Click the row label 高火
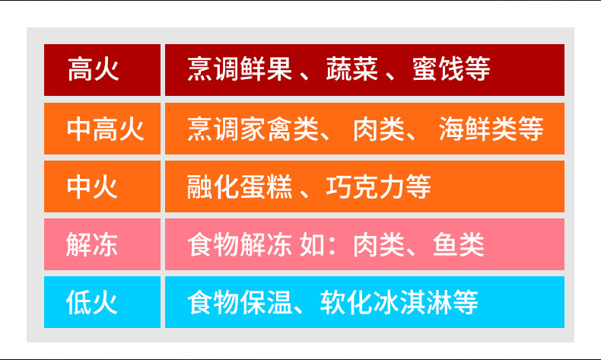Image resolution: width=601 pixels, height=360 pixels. point(93,69)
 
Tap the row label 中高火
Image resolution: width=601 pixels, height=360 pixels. point(106,129)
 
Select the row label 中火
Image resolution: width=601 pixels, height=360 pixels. point(92,186)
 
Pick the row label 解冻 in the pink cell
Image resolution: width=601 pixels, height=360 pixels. point(92,244)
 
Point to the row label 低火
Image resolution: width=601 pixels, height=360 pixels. point(92,302)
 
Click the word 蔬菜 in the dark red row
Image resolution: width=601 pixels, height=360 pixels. point(352,69)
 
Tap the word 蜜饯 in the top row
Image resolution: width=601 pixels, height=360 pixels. point(438,69)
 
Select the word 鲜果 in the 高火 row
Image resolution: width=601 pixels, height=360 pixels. point(266,69)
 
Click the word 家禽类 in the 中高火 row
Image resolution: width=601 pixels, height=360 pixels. point(279,129)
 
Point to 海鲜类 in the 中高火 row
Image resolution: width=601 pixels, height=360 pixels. point(478,129)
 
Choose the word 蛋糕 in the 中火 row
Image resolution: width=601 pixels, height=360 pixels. point(266,186)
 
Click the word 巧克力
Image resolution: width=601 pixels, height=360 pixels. point(365,186)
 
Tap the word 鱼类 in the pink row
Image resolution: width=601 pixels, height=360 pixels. point(459,244)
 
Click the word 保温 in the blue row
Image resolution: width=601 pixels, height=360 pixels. point(266,302)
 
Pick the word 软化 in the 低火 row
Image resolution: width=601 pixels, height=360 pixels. point(346,302)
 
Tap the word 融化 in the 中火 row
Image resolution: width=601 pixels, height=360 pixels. point(213,186)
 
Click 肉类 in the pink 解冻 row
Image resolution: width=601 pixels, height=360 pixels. point(379,244)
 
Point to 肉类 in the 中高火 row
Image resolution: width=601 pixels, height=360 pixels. point(379,129)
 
